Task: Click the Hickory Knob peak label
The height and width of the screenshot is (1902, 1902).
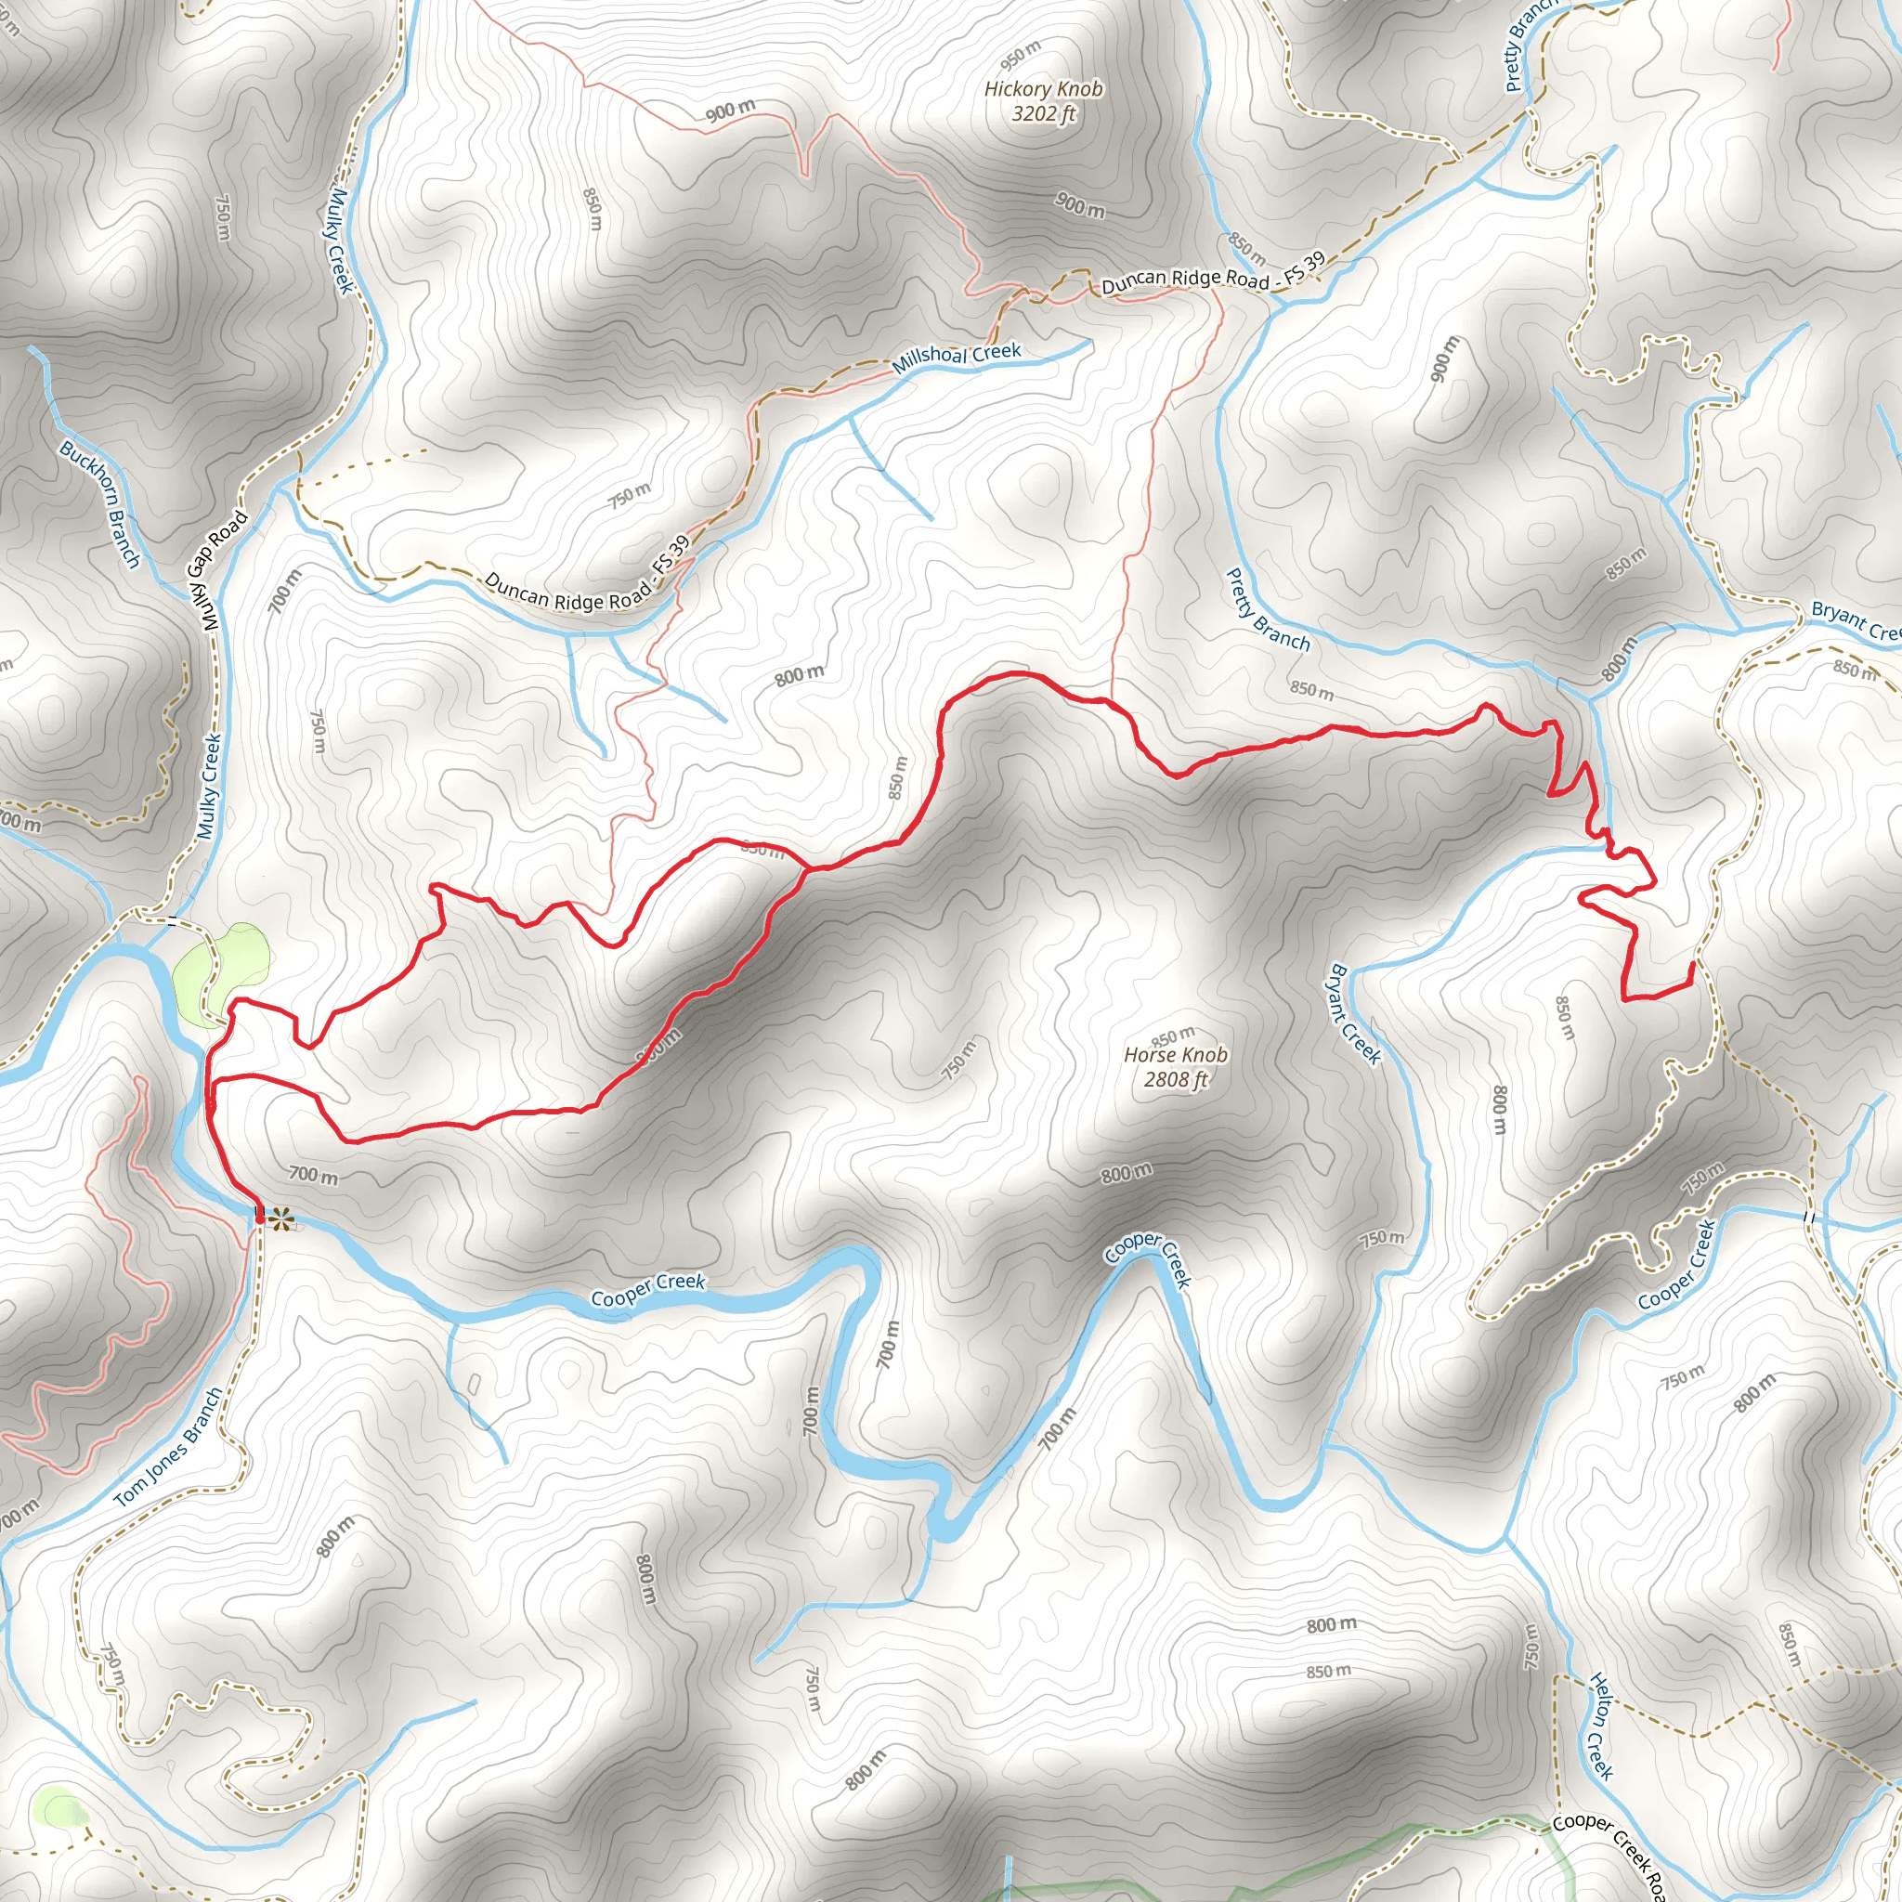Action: click(x=1044, y=89)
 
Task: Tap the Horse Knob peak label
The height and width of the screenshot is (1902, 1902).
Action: click(x=1176, y=1055)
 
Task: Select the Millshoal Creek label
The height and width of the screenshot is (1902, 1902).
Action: click(x=956, y=358)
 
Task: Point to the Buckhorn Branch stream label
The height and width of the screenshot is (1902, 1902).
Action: click(x=100, y=504)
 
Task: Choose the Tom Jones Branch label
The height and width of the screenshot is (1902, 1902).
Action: click(x=168, y=1448)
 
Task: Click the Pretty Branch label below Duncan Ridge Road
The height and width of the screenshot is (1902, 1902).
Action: click(x=1268, y=610)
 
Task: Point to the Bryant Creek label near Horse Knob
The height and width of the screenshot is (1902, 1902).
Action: click(x=1355, y=1014)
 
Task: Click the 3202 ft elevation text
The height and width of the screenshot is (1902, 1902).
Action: click(x=1044, y=114)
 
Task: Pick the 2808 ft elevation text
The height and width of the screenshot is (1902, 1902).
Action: click(x=1176, y=1080)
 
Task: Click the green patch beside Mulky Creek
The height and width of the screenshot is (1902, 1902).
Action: click(x=220, y=971)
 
